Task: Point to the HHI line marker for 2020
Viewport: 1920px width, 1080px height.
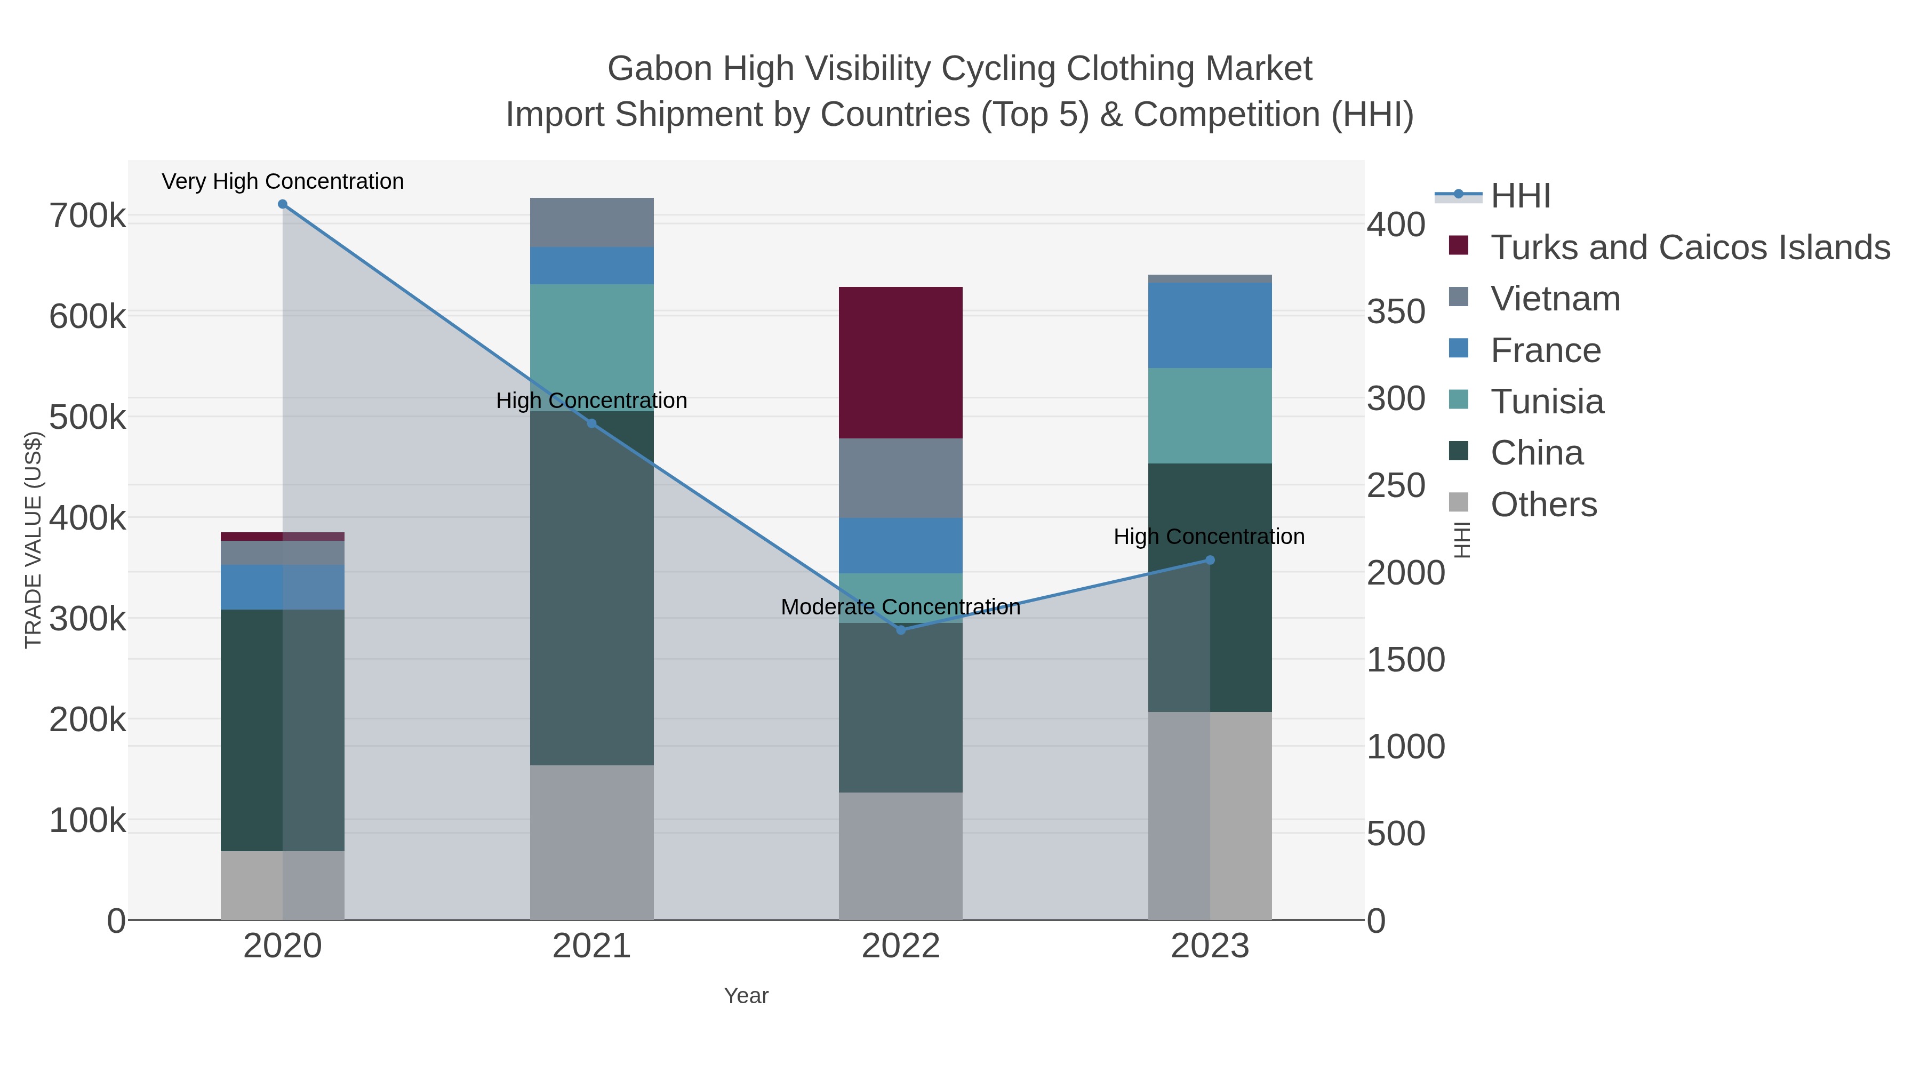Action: click(283, 204)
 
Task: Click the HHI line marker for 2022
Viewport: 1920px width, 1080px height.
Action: click(900, 630)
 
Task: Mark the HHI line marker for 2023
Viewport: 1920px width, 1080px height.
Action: click(1210, 560)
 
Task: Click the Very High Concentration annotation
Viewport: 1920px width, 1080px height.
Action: click(283, 181)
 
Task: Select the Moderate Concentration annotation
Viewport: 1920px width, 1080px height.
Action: click(900, 607)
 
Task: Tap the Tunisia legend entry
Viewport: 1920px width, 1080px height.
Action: click(1547, 402)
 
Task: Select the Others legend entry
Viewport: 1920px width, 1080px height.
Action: click(1543, 505)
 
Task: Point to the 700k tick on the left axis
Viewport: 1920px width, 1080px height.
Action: click(87, 217)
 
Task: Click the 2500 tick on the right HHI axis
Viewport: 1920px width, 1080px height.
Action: click(1405, 485)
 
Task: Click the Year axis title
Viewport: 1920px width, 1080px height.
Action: click(746, 996)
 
